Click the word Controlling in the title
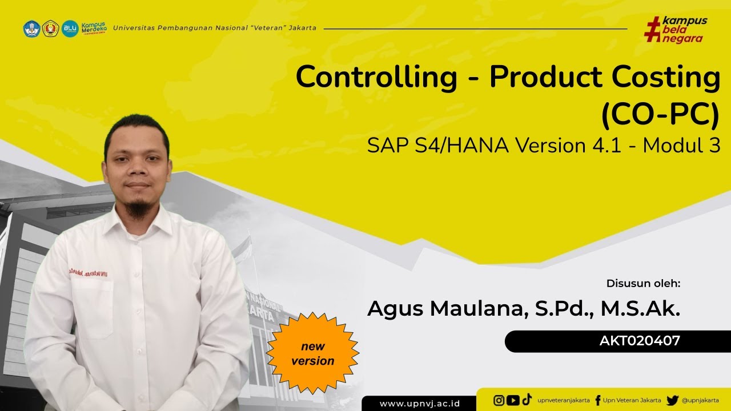tap(376, 78)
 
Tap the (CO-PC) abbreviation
tap(660, 114)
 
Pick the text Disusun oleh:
tap(643, 283)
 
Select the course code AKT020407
tap(640, 341)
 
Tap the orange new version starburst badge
tap(312, 353)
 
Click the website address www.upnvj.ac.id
tap(420, 404)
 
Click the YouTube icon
tap(513, 400)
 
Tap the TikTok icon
tap(527, 400)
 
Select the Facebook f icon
tap(597, 400)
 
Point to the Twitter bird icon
tap(672, 400)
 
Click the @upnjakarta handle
tap(700, 401)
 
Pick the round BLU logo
tap(70, 28)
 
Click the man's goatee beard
tap(138, 209)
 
